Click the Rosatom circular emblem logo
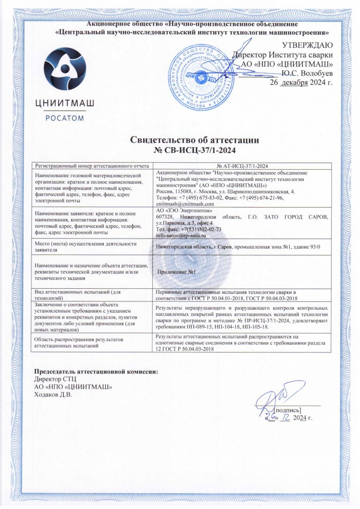pos(64,67)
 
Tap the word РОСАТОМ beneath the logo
pos(65,118)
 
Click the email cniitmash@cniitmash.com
pos(185,204)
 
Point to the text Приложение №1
pos(177,272)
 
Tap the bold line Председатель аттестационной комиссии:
pos(97,373)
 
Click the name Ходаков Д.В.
pos(54,393)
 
